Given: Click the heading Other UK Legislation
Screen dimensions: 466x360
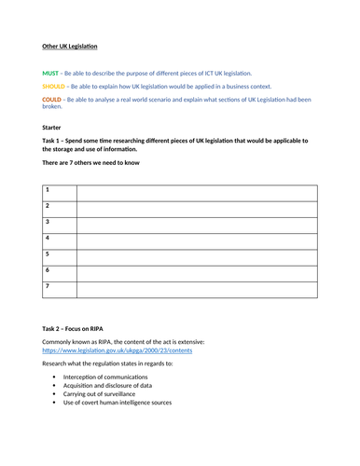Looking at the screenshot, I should (x=70, y=46).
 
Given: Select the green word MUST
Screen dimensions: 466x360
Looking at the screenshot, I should (x=50, y=73).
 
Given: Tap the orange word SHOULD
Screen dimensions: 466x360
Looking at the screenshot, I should (x=54, y=86).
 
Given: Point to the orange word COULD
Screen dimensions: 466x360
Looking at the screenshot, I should (x=52, y=99).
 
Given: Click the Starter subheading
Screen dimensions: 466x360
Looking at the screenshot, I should (x=53, y=126).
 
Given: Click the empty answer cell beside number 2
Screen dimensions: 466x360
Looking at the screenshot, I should (x=196, y=207).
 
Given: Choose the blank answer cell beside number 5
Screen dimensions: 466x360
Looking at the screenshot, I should (x=196, y=255).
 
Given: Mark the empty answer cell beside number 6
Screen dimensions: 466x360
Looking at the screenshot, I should (x=196, y=271).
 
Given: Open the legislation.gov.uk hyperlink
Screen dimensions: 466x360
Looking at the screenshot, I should (x=118, y=350).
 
